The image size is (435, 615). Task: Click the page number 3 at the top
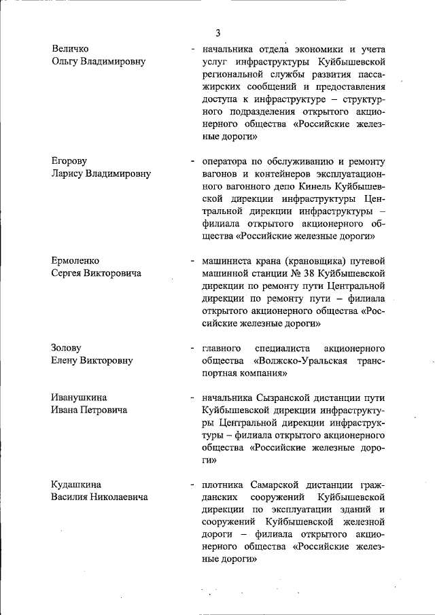(218, 33)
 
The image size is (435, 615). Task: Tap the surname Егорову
(69, 161)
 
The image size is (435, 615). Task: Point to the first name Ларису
(70, 173)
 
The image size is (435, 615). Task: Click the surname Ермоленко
(75, 260)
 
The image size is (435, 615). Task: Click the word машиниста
(228, 260)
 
